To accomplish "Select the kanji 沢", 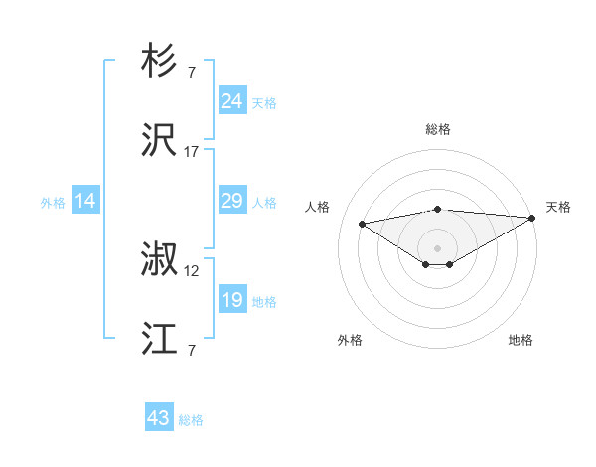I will (159, 141).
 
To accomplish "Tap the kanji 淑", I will (159, 261).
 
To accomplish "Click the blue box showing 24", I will (231, 101).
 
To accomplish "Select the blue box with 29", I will (231, 201).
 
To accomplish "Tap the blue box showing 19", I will (231, 300).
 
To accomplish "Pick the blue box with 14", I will (85, 201).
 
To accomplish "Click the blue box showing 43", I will (159, 418).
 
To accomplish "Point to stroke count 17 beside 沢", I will (192, 151).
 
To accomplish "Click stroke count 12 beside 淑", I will (192, 270).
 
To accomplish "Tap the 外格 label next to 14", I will (53, 202).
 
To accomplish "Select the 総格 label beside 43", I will (191, 420).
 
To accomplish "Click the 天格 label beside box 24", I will (264, 102).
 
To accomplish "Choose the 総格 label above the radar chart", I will (437, 129).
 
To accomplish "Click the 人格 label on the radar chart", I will (319, 206).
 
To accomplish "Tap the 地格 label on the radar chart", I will (521, 340).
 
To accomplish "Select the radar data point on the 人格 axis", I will (363, 223).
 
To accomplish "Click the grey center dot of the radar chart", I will (437, 247).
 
